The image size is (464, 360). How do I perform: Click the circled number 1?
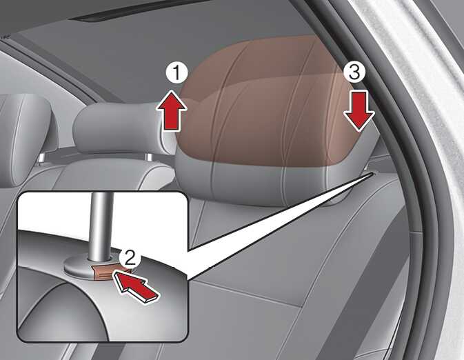tap(176, 73)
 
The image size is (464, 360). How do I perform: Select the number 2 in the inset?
tap(130, 258)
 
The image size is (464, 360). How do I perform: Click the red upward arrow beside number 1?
tap(172, 110)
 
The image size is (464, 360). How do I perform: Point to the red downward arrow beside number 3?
tap(359, 110)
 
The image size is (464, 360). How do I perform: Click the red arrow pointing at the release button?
tap(137, 286)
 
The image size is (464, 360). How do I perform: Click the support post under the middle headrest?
tap(150, 157)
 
